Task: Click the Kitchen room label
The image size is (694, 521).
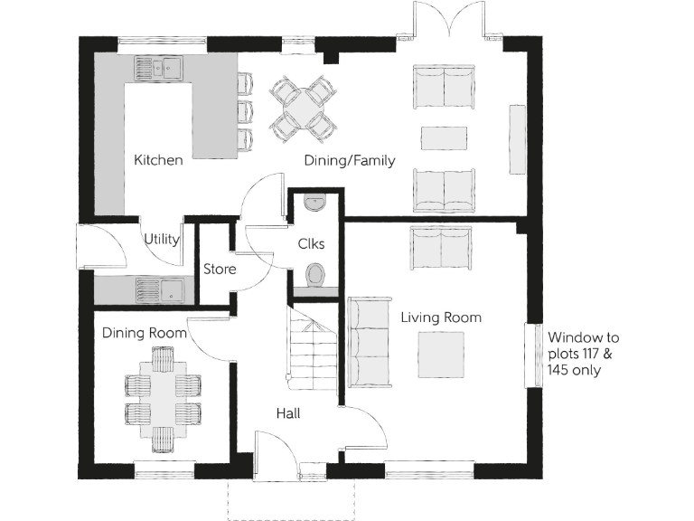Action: (158, 160)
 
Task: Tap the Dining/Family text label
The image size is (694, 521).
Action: (348, 161)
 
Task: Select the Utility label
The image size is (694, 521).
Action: (162, 240)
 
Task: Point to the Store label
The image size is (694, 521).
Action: (220, 270)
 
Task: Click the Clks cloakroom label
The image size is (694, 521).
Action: (311, 244)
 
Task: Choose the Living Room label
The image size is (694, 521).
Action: (441, 317)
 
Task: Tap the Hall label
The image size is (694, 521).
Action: (288, 413)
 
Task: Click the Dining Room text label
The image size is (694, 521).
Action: (144, 333)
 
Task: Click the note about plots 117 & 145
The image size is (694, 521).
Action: (584, 354)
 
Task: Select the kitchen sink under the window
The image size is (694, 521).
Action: (158, 66)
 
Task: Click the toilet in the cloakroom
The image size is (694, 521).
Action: (316, 275)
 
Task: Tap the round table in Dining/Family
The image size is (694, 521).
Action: (299, 108)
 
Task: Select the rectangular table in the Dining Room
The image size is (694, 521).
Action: (162, 399)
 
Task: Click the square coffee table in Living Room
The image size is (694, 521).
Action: (441, 355)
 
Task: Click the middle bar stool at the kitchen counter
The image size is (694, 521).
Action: (244, 111)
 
